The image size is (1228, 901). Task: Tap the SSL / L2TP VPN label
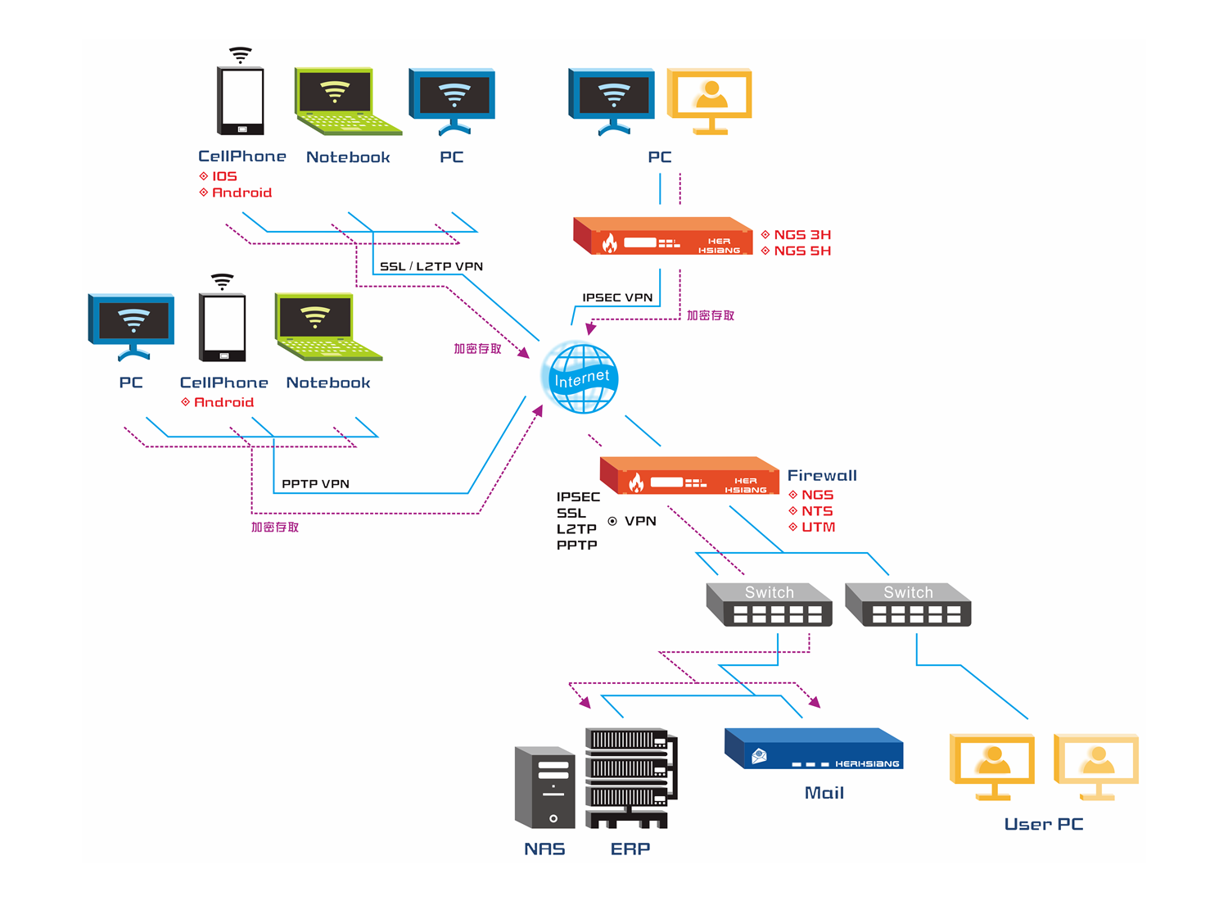(x=431, y=266)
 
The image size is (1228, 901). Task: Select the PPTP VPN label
(x=315, y=483)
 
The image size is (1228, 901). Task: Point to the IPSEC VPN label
(x=617, y=297)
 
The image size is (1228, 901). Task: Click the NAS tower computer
(x=544, y=787)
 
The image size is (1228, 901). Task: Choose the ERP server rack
(x=631, y=777)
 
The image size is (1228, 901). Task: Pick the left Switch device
(x=769, y=604)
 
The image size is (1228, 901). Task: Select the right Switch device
(x=908, y=604)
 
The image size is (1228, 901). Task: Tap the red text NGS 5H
(x=801, y=251)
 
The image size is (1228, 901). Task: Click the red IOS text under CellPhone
(x=224, y=176)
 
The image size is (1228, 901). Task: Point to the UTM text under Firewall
(x=818, y=527)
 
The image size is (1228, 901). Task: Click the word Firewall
(x=822, y=475)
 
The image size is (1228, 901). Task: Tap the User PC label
(x=1043, y=824)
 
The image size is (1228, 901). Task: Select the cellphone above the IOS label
(x=241, y=101)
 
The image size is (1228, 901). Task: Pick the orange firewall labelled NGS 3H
(x=663, y=236)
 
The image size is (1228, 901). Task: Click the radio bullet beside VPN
(x=612, y=521)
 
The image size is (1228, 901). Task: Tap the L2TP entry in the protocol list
(x=576, y=529)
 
